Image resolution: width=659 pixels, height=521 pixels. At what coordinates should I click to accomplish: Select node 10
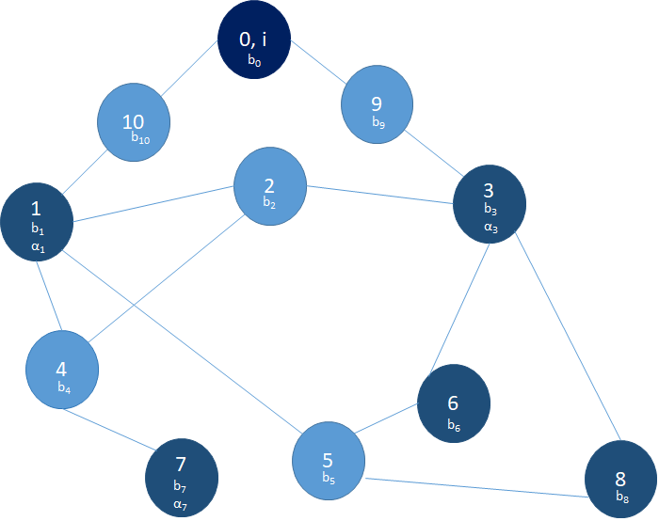[x=134, y=123]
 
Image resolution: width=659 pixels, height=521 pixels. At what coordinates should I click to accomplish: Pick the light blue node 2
[x=270, y=182]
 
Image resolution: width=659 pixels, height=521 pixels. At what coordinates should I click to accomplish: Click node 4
[x=62, y=366]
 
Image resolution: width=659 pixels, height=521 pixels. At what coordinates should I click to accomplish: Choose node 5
[x=328, y=461]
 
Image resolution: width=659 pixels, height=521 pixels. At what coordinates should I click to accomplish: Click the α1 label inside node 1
[x=38, y=246]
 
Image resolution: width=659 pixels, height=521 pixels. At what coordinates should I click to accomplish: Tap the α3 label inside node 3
[x=490, y=227]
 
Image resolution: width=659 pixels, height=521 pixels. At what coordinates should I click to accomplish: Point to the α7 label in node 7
[x=181, y=504]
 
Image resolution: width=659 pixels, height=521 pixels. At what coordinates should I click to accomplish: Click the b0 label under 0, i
[x=254, y=60]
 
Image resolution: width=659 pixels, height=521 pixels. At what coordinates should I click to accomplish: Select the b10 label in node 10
[x=140, y=138]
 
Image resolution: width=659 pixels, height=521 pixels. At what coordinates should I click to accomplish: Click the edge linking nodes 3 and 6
[x=459, y=305]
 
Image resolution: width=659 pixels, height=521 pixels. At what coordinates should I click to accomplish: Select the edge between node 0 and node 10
[x=189, y=69]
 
